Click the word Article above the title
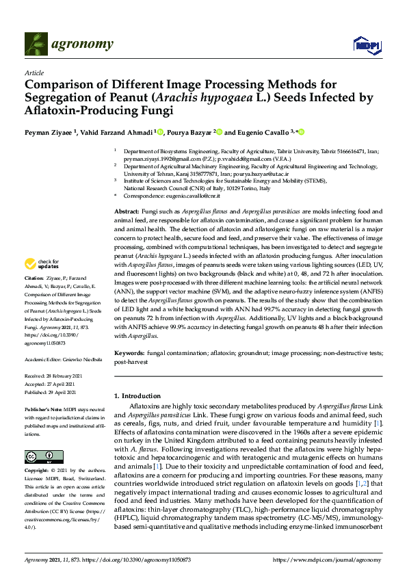pos(34,73)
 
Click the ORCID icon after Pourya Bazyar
pos(220,132)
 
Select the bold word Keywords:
pos(130,353)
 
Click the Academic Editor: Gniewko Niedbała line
pos(62,359)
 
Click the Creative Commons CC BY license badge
pos(34,456)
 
